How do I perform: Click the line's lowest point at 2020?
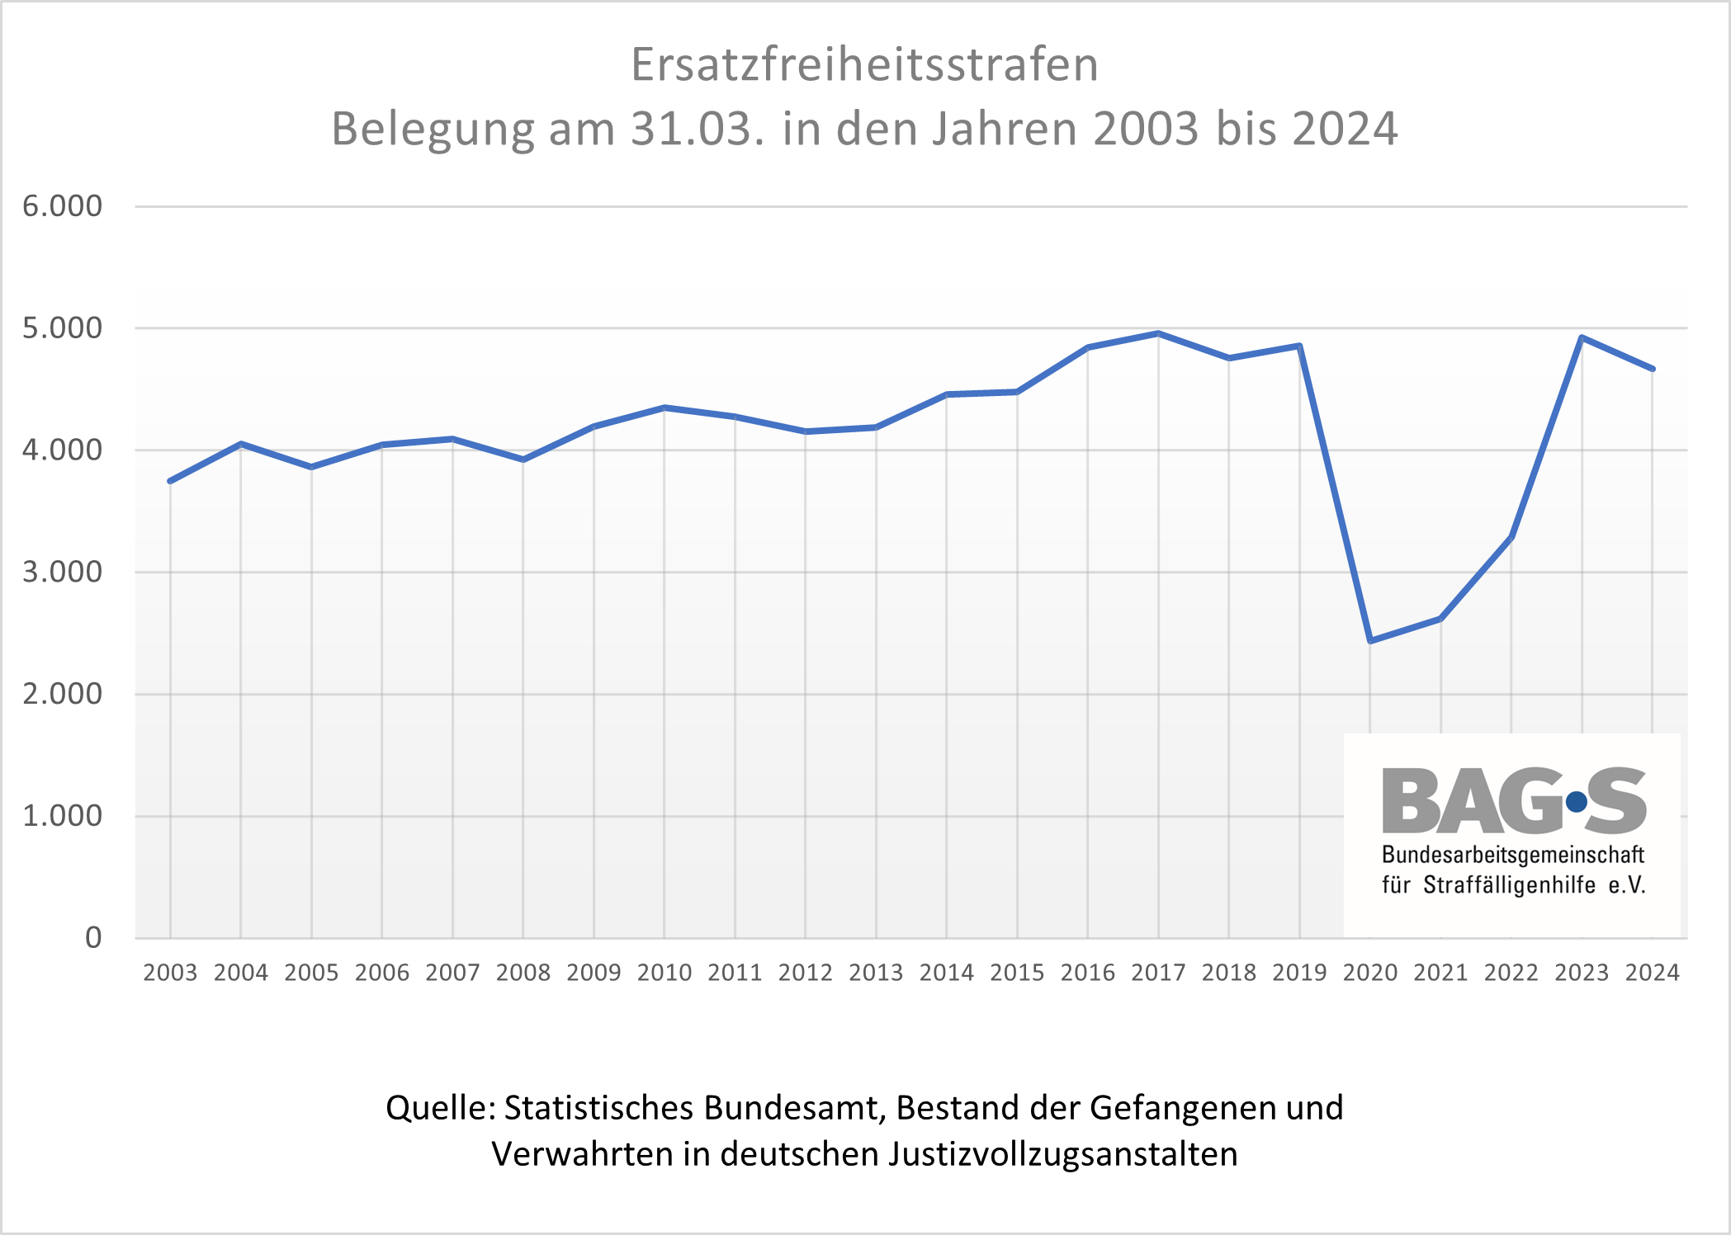(x=1370, y=640)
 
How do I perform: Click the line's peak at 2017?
(x=1158, y=333)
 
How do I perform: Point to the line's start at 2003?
(x=170, y=481)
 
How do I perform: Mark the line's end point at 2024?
(x=1652, y=369)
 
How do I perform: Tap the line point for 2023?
(x=1582, y=337)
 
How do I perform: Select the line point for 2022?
(x=1511, y=537)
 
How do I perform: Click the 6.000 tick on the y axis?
(x=63, y=206)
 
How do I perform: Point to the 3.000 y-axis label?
(x=63, y=572)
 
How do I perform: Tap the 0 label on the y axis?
(x=93, y=938)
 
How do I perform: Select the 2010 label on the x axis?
(x=664, y=973)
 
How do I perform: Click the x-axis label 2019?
(x=1299, y=973)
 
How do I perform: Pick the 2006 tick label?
(x=382, y=973)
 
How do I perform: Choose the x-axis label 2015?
(x=1017, y=973)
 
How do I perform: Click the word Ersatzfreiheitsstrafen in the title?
(x=864, y=64)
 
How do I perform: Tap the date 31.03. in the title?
(x=698, y=129)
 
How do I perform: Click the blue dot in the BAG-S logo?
(x=1576, y=801)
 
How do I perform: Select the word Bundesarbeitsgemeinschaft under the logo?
(x=1513, y=855)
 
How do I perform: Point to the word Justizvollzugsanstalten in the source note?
(x=1063, y=1154)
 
